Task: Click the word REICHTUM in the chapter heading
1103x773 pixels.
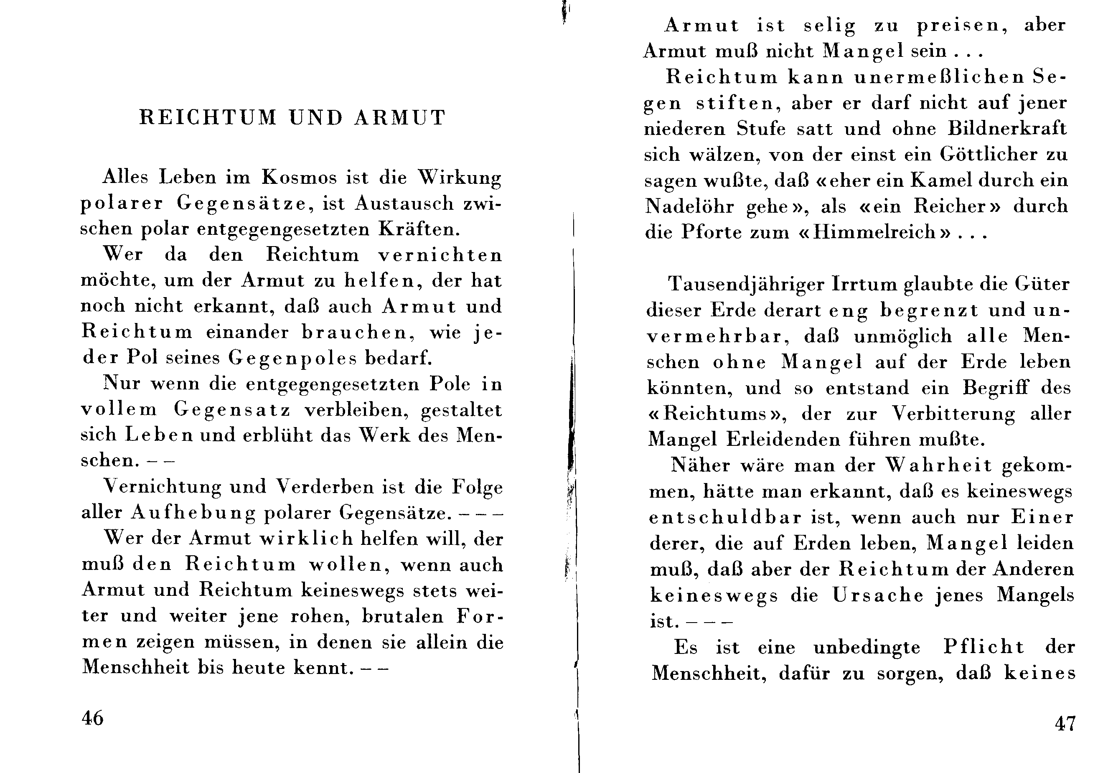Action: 208,118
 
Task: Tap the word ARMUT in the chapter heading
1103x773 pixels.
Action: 400,118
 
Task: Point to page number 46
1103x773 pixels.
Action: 93,718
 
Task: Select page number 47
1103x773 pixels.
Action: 1065,723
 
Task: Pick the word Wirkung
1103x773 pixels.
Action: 459,178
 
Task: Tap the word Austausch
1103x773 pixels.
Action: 404,203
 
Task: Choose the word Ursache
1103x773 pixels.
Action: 878,595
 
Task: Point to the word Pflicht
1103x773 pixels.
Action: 984,648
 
